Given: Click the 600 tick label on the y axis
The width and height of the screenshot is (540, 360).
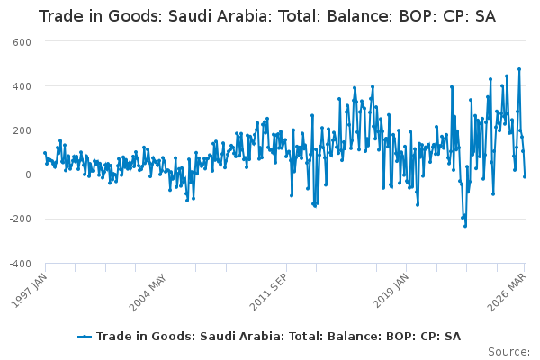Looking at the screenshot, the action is coord(22,42).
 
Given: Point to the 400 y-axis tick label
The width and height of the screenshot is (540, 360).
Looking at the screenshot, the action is coord(22,86).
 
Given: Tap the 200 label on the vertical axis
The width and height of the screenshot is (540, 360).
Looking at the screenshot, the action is coord(22,130).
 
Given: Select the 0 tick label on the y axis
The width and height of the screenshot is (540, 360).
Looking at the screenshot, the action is coord(28,175).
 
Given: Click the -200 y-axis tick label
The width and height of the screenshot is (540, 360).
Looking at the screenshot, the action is coord(21,219).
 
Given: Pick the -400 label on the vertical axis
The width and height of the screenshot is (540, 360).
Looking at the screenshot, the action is coord(21,264).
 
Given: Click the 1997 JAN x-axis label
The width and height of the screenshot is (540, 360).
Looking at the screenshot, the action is coord(30,290).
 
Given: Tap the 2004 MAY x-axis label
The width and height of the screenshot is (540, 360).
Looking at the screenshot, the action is coord(148,292).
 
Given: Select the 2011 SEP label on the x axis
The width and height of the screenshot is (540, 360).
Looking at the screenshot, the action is coord(268,292).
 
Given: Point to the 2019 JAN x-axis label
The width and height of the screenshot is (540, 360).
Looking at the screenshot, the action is coord(391,291).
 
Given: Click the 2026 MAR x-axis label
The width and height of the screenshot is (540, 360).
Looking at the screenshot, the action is coord(507,292).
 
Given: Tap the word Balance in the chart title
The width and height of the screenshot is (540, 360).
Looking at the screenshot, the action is coord(359,16).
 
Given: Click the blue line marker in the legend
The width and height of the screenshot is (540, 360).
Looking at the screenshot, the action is coord(85,337).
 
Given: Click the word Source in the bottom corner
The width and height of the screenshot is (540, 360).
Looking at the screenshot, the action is coord(508,352).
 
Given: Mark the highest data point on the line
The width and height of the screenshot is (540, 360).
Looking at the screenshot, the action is coord(519,69).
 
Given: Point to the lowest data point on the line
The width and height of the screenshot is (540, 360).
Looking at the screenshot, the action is coord(465,226).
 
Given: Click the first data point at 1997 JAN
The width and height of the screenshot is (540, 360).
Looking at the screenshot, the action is coord(45,153).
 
